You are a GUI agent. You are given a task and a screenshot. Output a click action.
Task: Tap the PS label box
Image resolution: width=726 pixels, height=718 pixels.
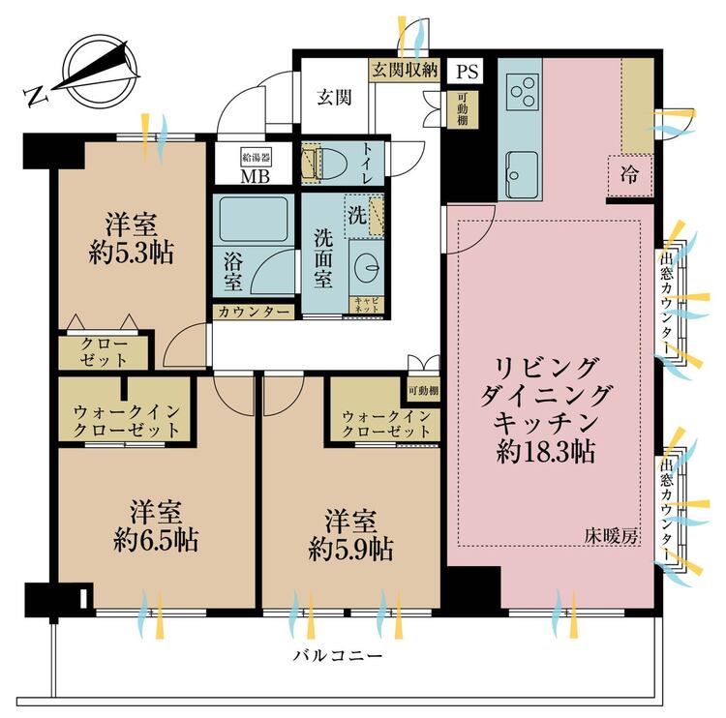click(468, 70)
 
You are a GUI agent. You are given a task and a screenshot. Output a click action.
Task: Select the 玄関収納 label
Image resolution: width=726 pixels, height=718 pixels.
click(405, 70)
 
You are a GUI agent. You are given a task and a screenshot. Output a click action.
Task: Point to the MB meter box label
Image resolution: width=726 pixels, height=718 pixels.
click(256, 175)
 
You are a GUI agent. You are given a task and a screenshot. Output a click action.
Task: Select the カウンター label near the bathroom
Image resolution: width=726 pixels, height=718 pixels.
click(252, 313)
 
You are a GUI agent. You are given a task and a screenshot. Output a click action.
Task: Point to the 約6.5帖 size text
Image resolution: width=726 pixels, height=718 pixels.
click(158, 540)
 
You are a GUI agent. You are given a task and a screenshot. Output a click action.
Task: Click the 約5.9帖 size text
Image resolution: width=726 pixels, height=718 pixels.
click(350, 550)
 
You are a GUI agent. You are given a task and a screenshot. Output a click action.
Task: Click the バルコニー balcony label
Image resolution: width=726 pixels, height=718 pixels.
click(338, 656)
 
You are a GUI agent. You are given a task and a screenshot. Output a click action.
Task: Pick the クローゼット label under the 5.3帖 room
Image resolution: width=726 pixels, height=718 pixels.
click(100, 351)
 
